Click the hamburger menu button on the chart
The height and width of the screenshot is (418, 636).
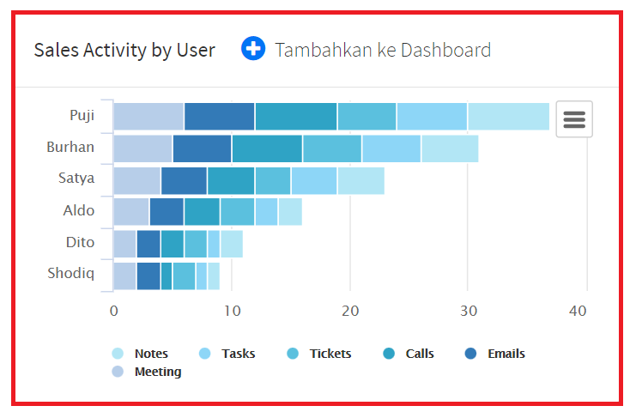pos(573,119)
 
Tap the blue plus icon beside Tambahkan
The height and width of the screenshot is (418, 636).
pos(253,49)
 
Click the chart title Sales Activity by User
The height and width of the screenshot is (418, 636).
pos(124,50)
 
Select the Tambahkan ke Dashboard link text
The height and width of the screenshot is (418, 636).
pos(383,50)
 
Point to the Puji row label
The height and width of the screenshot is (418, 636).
pos(82,115)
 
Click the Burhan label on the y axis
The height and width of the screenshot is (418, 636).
pos(70,147)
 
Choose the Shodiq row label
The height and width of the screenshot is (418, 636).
pos(70,274)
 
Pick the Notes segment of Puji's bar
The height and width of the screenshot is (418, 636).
pos(508,116)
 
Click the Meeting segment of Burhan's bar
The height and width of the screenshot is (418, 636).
pos(142,148)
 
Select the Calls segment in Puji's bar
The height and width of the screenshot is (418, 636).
pos(296,116)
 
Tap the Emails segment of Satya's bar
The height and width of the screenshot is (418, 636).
pos(184,180)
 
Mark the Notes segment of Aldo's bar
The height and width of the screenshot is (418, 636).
pos(290,211)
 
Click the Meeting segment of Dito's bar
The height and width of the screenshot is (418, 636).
pos(124,243)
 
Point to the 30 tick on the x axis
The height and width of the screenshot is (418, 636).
pos(467,310)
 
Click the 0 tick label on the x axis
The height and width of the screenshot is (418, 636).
pos(113,310)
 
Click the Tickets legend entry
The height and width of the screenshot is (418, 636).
pos(330,354)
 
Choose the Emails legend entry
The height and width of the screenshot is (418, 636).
pos(506,354)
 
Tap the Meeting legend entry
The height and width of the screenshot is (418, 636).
pos(157,372)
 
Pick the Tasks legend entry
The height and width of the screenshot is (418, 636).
pos(238,354)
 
